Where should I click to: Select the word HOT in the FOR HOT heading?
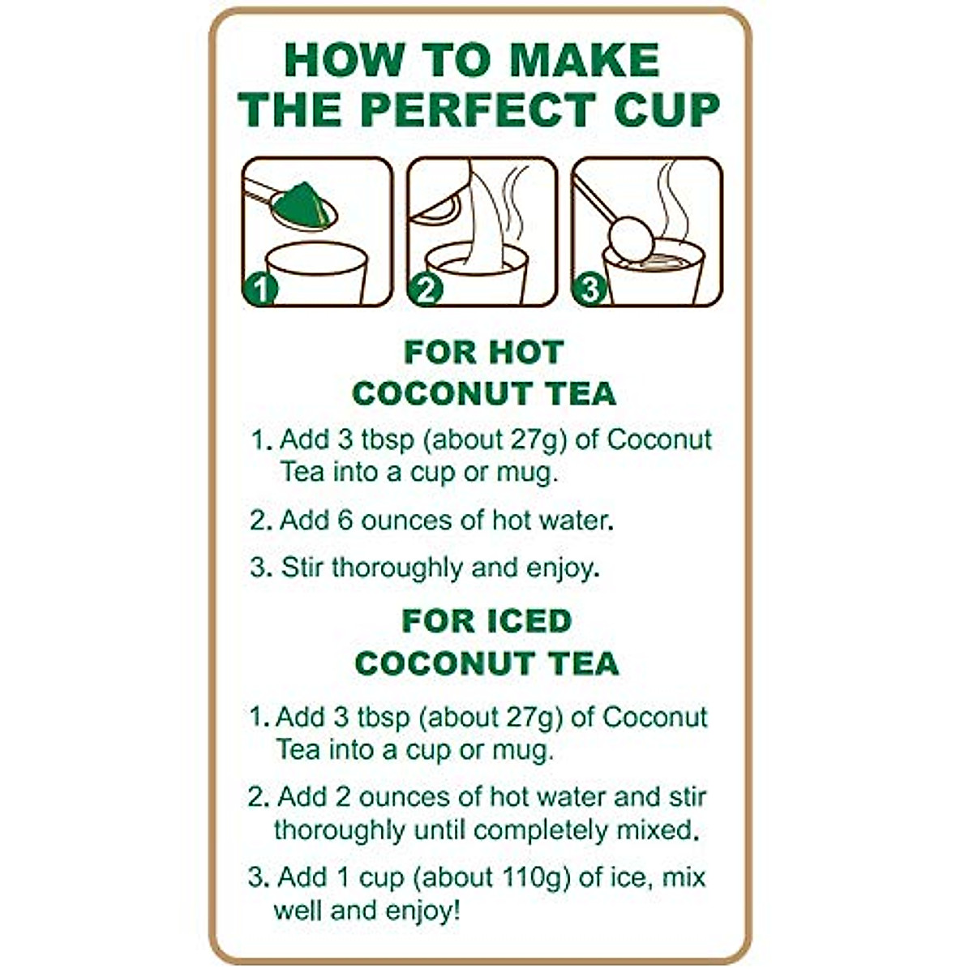(x=525, y=353)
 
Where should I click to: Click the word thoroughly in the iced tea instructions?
(x=341, y=830)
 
